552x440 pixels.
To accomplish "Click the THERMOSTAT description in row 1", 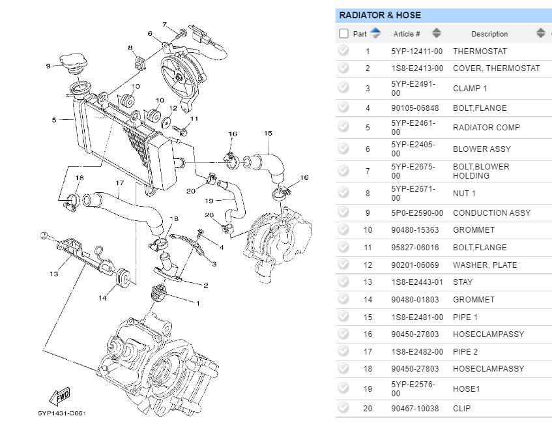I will pos(480,51).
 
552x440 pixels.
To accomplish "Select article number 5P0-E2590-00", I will pos(417,213).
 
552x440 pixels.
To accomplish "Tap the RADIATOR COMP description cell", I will pos(486,128).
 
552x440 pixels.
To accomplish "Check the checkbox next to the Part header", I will pos(344,34).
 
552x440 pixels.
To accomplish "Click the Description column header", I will pos(489,34).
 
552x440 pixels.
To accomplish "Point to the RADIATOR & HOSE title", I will pos(380,15).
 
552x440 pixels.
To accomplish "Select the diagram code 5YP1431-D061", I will pos(62,413).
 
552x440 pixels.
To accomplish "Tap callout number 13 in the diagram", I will pos(54,274).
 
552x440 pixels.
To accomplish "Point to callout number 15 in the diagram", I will pos(268,133).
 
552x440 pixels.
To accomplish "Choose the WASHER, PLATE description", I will pos(485,265).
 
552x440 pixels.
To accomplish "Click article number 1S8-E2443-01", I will pos(417,282).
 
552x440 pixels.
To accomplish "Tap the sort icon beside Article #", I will pos(437,33).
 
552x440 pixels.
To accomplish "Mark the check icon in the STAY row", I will pos(343,282).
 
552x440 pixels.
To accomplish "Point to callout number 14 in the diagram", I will pos(102,299).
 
